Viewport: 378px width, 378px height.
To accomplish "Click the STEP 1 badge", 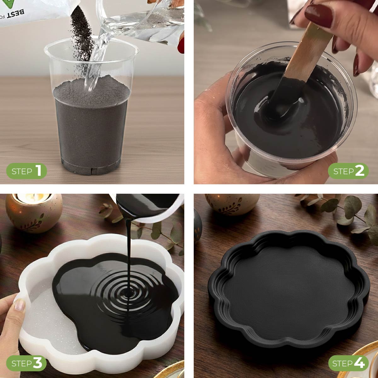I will (26, 171).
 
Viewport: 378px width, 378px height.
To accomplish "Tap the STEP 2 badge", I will (348, 171).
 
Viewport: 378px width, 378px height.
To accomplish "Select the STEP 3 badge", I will (26, 363).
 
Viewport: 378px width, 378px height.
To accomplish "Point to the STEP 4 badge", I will (348, 363).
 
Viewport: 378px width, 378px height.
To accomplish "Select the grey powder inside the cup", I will (91, 126).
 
